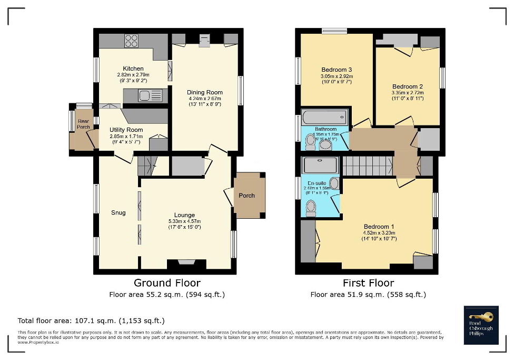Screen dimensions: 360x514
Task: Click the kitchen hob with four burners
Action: pyautogui.click(x=131, y=41)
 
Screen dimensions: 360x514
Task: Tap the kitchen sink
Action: pyautogui.click(x=144, y=95)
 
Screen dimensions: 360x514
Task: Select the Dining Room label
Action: pyautogui.click(x=205, y=92)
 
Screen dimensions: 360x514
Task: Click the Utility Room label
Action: pyautogui.click(x=126, y=130)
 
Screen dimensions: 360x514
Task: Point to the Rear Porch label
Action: pyautogui.click(x=83, y=123)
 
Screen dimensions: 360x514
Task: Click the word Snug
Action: pyautogui.click(x=118, y=213)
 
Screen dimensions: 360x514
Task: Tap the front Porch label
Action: pyautogui.click(x=246, y=196)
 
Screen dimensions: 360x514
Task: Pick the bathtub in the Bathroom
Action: pyautogui.click(x=324, y=116)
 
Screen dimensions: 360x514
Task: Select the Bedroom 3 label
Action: pyautogui.click(x=336, y=70)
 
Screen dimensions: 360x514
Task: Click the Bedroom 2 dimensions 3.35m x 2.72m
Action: pyautogui.click(x=407, y=93)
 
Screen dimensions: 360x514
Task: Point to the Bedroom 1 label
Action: pyautogui.click(x=378, y=227)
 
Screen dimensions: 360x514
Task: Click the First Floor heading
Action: pyautogui.click(x=368, y=284)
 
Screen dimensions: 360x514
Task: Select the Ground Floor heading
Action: pyautogui.click(x=167, y=284)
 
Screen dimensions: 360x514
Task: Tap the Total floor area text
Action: pyautogui.click(x=91, y=320)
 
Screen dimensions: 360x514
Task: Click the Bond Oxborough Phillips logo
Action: pyautogui.click(x=480, y=325)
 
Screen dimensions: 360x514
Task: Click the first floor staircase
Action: pyautogui.click(x=367, y=166)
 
